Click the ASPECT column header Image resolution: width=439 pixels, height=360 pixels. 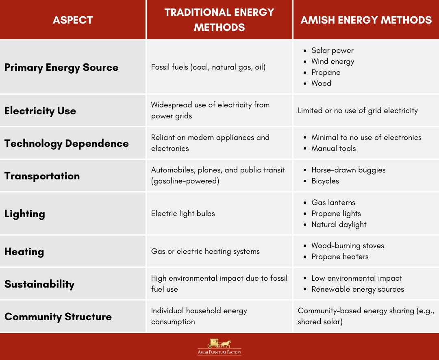point(73,20)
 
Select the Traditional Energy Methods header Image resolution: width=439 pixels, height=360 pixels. point(219,20)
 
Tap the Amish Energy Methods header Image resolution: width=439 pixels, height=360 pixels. point(366,20)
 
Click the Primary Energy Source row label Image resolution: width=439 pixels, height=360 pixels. point(61,67)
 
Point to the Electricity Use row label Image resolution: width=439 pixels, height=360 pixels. point(40,111)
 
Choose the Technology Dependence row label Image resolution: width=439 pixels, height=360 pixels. point(66,143)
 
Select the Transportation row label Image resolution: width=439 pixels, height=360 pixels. point(42,176)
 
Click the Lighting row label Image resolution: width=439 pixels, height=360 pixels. point(24,214)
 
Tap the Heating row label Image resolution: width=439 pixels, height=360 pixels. point(24,251)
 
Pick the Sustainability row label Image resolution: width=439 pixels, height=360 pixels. point(39,284)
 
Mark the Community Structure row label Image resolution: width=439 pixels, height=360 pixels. point(58,316)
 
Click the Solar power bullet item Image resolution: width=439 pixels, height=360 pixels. point(332,50)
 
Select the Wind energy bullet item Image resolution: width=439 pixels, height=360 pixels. point(333,61)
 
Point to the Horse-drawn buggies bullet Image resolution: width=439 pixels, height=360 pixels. point(348,170)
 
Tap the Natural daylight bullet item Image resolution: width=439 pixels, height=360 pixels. point(339,225)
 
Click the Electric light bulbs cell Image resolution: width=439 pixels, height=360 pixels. point(183,214)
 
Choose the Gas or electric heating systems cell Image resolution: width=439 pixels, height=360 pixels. point(205,251)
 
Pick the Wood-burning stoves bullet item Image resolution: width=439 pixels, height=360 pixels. point(348,246)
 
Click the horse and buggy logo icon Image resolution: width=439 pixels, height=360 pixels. point(219,343)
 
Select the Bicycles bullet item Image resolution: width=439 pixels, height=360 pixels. point(325,181)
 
